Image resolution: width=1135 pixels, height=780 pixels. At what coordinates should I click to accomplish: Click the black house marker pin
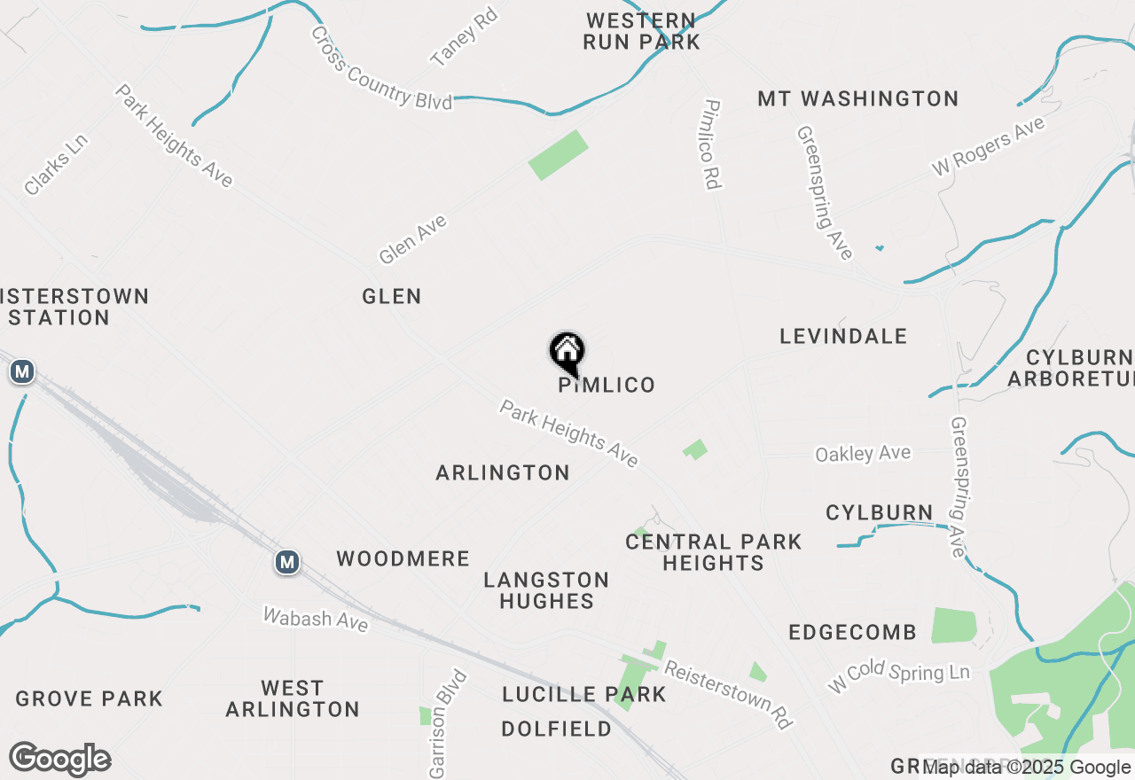click(x=567, y=353)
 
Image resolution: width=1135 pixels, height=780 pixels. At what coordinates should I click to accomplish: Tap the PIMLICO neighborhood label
click(x=607, y=385)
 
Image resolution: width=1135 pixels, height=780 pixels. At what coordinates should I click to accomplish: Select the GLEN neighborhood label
click(x=392, y=296)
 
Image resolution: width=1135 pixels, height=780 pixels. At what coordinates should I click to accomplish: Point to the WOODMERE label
click(x=403, y=558)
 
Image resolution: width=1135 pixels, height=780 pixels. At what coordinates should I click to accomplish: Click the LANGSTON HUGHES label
click(x=546, y=590)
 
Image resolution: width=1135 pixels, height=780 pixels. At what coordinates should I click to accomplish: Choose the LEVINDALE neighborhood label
click(x=843, y=336)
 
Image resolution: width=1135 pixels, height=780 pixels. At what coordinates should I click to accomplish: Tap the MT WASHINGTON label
click(x=858, y=98)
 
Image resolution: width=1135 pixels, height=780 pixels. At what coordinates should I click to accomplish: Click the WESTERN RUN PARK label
click(x=641, y=31)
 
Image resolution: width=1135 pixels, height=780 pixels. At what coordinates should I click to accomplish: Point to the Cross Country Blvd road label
click(x=381, y=68)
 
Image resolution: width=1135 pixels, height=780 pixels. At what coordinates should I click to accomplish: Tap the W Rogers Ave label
click(x=988, y=147)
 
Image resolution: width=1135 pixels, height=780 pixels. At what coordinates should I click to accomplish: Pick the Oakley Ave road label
click(x=863, y=454)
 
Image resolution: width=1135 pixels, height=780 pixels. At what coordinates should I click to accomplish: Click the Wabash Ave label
click(x=316, y=618)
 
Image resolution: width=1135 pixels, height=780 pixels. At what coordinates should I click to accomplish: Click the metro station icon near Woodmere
click(x=286, y=562)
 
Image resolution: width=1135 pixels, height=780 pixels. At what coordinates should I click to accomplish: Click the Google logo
click(x=59, y=760)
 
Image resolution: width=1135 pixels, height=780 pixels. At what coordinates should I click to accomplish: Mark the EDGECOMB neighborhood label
click(x=852, y=632)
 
